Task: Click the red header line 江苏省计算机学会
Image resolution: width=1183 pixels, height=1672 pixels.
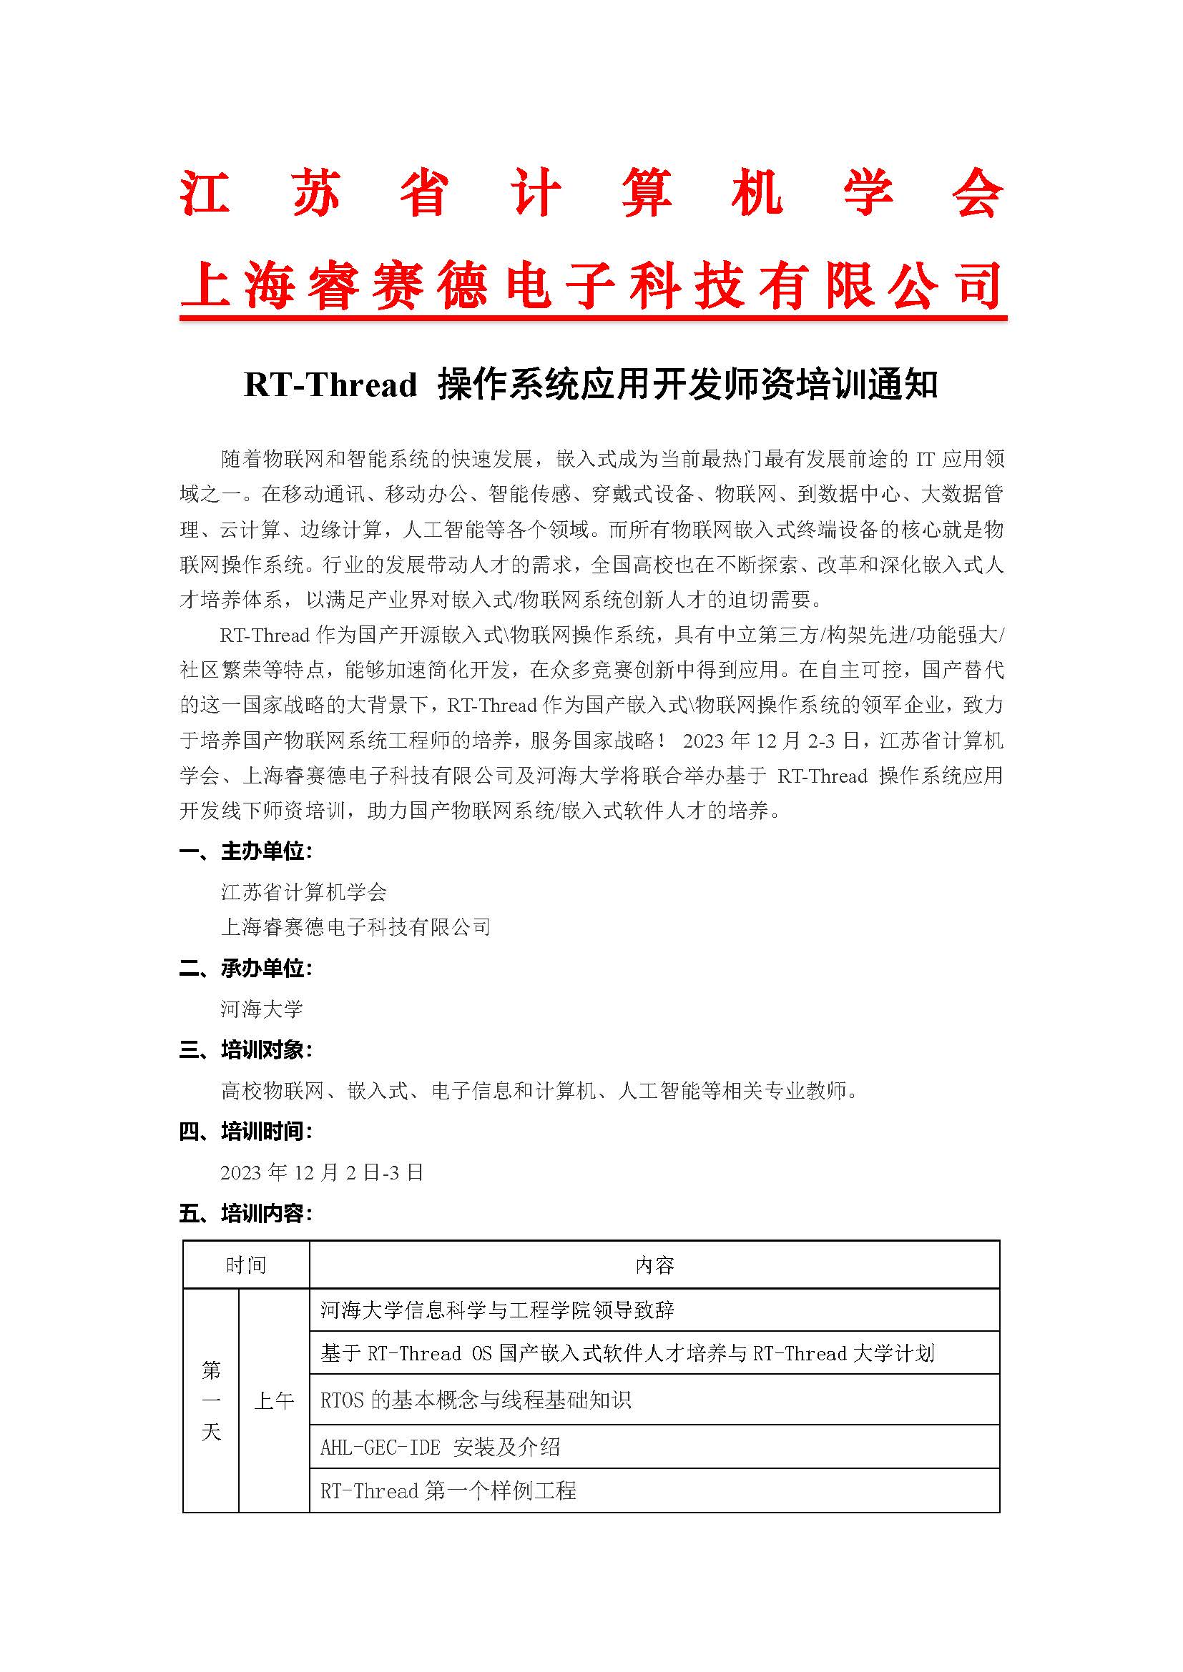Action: [591, 193]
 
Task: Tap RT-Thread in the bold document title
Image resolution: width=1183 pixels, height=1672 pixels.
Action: [330, 385]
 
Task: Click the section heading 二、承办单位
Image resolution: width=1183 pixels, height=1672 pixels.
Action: [246, 968]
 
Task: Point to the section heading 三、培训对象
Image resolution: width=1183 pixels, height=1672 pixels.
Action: [246, 1049]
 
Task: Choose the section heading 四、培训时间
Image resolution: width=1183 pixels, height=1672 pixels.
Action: [246, 1131]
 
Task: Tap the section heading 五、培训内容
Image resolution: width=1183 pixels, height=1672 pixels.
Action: [246, 1213]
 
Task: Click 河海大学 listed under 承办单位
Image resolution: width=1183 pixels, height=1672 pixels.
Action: [262, 1009]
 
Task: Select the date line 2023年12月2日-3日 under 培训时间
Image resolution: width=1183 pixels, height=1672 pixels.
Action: [321, 1172]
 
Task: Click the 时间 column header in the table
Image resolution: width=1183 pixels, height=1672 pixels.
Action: [245, 1266]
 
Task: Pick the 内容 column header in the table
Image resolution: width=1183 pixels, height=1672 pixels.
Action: [654, 1266]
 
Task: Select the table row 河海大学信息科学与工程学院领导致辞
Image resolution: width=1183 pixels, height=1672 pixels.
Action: [498, 1310]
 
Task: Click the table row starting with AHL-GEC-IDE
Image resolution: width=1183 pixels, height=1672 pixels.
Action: [440, 1447]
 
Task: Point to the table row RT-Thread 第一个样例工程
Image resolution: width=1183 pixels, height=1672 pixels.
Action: [448, 1490]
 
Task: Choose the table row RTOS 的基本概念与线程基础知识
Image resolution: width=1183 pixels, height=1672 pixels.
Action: [475, 1400]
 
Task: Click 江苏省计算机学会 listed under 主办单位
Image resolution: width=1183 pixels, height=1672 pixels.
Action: [304, 892]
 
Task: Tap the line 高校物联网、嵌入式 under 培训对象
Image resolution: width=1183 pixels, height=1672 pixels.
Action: [540, 1090]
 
